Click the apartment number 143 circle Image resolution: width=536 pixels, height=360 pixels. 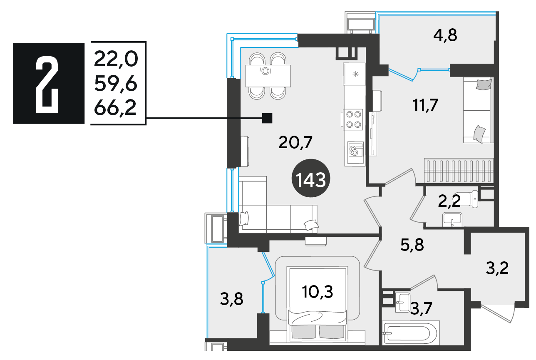click(311, 178)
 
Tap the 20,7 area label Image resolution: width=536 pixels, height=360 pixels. click(295, 142)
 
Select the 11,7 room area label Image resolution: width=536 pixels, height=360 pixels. click(425, 105)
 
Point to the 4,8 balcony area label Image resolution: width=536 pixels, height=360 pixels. click(445, 35)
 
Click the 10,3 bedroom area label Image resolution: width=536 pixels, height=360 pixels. click(318, 292)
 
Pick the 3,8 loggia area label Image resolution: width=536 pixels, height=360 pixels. click(231, 299)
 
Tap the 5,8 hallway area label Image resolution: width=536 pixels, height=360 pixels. click(412, 245)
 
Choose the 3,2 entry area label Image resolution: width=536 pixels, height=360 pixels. click(497, 268)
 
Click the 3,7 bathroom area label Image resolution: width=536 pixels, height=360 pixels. click(421, 308)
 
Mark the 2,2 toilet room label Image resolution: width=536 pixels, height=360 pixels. click(449, 201)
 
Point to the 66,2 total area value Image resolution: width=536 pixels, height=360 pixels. click(115, 108)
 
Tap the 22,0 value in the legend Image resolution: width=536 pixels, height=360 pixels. click(116, 60)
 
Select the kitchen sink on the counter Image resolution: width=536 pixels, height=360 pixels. click(355, 149)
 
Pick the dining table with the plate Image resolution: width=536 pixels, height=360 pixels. click(268, 76)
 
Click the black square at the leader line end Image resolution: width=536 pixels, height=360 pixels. click(267, 118)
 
